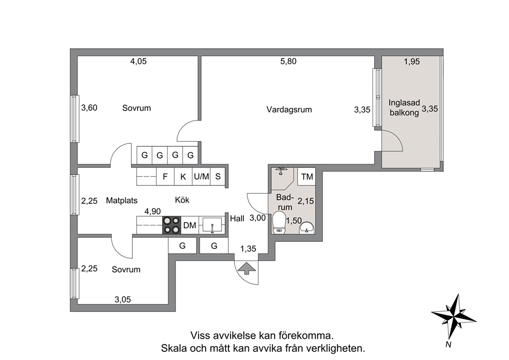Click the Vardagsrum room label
pos(289,109)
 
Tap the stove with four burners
pos(171,225)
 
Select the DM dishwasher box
pos(189,225)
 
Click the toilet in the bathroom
pos(278,222)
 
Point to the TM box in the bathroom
pos(307,177)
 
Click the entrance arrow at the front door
pos(246,268)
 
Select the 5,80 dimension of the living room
pos(288,61)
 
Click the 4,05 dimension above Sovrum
pos(139,61)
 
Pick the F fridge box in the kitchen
pos(165,177)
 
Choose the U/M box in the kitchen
pos(201,177)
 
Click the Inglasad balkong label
pos(404,108)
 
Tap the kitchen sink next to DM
pos(212,225)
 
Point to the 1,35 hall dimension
pos(248,249)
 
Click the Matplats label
pos(122,200)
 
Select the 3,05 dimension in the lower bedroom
pos(123,299)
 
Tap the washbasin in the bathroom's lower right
pos(306,228)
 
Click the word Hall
pos(237,219)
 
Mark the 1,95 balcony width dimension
pos(412,62)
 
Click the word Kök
pos(182,200)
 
